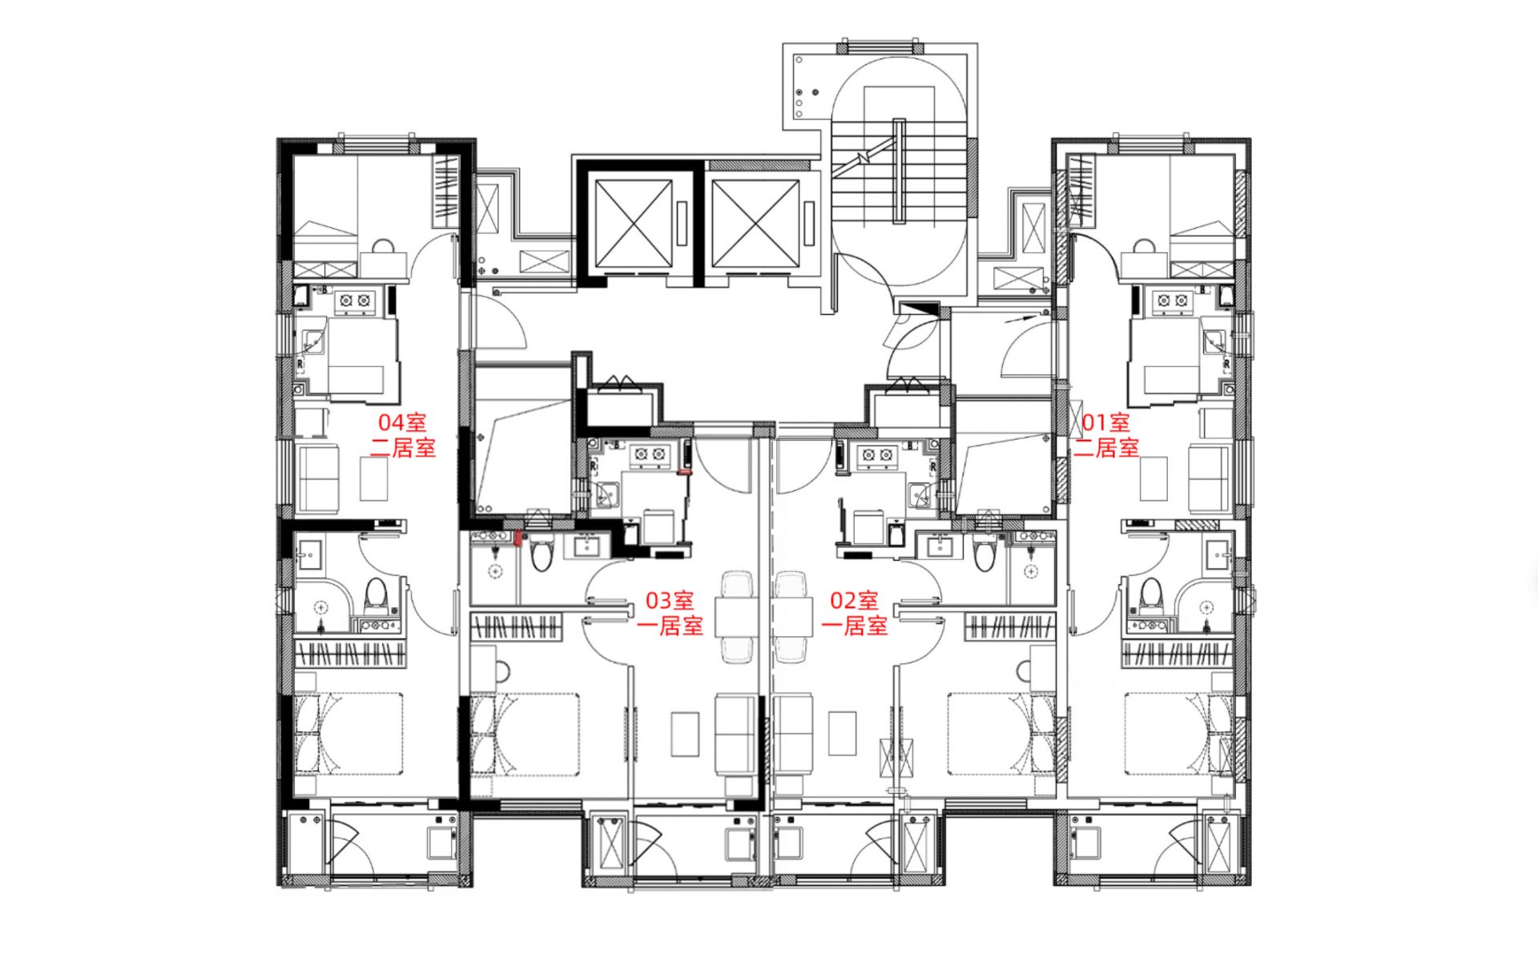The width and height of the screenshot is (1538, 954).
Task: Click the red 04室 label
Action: (402, 422)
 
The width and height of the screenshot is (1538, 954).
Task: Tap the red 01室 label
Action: (1105, 422)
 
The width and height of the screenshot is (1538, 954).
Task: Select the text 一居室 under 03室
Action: (670, 626)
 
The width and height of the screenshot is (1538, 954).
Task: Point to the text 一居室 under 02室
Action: (854, 626)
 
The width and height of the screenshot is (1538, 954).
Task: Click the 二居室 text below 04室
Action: (403, 448)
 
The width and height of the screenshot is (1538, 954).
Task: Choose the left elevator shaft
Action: (634, 223)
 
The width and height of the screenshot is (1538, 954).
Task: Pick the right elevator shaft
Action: (755, 223)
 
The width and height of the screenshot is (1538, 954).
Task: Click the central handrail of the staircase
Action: (900, 171)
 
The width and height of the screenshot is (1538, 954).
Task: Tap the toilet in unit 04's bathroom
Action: (376, 594)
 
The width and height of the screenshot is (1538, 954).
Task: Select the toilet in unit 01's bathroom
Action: (1151, 594)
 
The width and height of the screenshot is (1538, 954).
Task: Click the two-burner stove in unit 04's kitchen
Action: (355, 300)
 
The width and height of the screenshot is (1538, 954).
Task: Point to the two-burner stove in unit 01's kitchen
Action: (1172, 300)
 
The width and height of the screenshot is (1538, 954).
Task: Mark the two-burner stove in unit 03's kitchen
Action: (650, 455)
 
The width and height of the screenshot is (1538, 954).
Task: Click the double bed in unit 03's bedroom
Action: (525, 735)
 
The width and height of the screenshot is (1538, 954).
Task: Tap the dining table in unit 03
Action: (737, 617)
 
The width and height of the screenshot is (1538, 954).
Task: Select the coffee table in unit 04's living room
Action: (373, 479)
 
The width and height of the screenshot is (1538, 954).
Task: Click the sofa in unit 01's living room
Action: (1209, 479)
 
